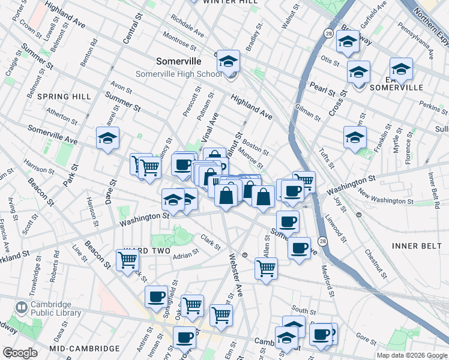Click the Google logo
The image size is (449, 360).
click(x=20, y=353)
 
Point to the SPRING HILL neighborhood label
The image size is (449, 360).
click(x=64, y=96)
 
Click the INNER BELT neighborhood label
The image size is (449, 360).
click(x=416, y=246)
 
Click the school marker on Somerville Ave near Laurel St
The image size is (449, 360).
click(x=108, y=139)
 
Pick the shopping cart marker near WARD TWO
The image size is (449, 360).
click(x=128, y=260)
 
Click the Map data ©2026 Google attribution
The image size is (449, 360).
click(x=411, y=355)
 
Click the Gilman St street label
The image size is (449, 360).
click(x=308, y=111)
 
